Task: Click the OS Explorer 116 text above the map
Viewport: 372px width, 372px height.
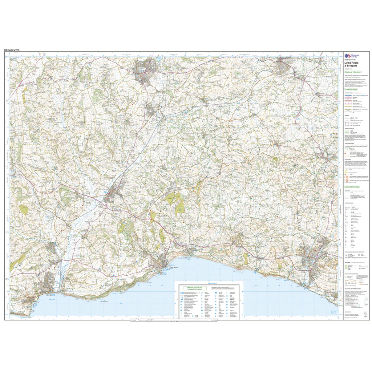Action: click(x=12, y=49)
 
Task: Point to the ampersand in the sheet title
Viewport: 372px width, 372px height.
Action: click(x=345, y=65)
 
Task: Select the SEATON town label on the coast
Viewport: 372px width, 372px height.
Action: click(x=49, y=295)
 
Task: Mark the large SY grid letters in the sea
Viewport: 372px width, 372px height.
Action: click(x=333, y=313)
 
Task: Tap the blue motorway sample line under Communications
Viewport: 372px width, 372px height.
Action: click(x=348, y=95)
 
